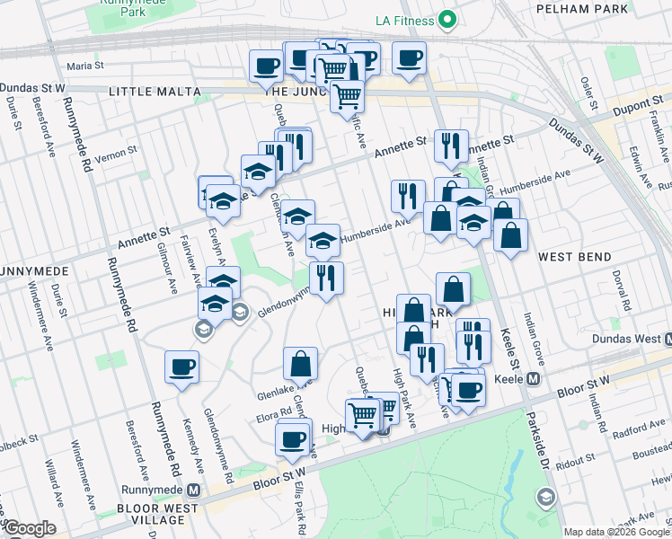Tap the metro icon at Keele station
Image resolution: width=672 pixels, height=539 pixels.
[x=534, y=379]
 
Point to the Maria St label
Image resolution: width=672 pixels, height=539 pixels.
[x=86, y=66]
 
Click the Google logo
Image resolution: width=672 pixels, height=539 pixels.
[x=29, y=527]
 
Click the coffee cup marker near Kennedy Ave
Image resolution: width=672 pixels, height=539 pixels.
[x=181, y=367]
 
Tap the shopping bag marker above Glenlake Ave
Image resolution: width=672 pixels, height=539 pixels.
[x=301, y=364]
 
